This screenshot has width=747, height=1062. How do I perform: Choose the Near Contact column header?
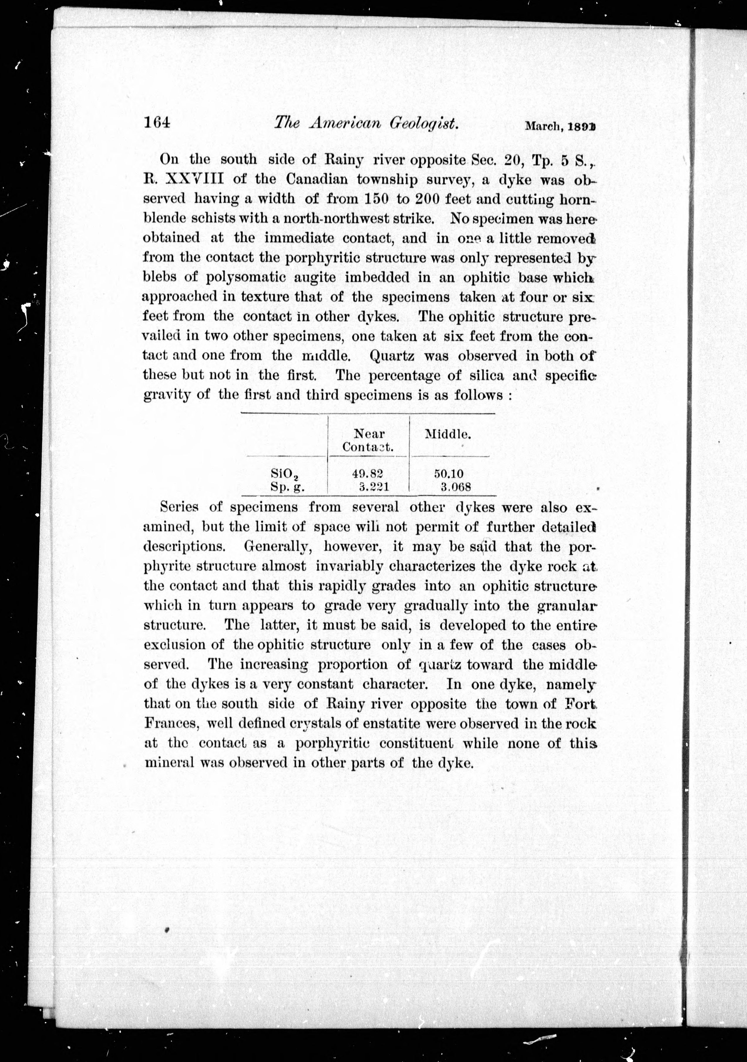click(x=369, y=440)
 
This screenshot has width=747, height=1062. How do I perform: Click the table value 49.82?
click(x=368, y=473)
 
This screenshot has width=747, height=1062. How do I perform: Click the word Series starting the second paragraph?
click(x=179, y=507)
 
